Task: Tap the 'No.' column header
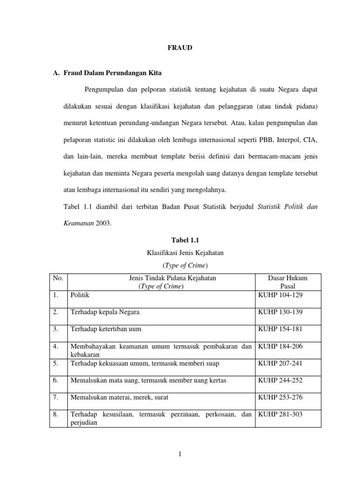[58, 278]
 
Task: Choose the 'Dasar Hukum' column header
[287, 278]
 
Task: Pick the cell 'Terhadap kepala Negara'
[105, 312]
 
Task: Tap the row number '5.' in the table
[56, 363]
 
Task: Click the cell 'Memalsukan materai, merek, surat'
[119, 397]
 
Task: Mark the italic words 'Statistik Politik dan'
[288, 207]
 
